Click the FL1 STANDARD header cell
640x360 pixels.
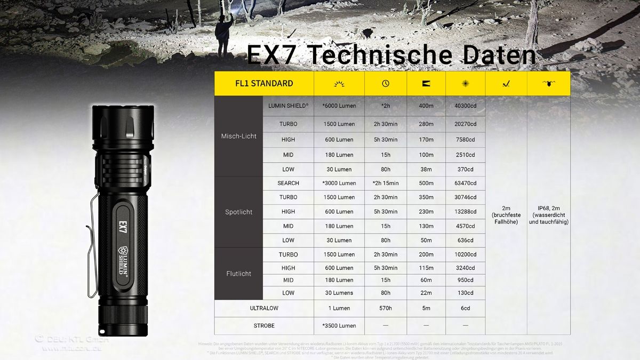point(264,83)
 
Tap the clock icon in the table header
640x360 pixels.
point(386,83)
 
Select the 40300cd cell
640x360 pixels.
point(465,106)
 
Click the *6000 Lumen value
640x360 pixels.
point(339,106)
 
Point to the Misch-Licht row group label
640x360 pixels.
point(238,136)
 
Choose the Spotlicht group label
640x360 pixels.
point(238,212)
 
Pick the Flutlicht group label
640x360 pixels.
point(238,274)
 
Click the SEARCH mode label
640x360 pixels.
point(288,183)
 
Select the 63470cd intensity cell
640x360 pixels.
point(465,183)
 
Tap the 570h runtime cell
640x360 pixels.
point(386,308)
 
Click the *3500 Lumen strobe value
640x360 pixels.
point(339,325)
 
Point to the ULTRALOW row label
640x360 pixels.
point(264,308)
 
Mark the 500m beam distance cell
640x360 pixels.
point(426,183)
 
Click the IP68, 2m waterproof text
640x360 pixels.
point(548,215)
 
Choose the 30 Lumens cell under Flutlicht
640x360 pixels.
point(339,293)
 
